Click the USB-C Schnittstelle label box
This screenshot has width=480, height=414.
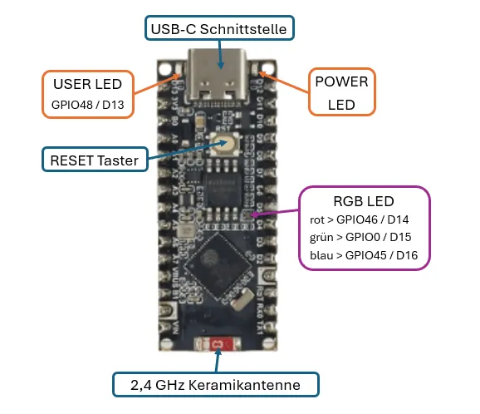(218, 29)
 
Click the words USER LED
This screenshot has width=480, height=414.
(87, 85)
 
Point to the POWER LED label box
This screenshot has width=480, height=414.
(341, 91)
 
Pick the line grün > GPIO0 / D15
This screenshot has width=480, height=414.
(357, 237)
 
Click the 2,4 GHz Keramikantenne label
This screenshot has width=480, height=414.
(217, 384)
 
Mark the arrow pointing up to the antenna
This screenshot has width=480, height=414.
(218, 361)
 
